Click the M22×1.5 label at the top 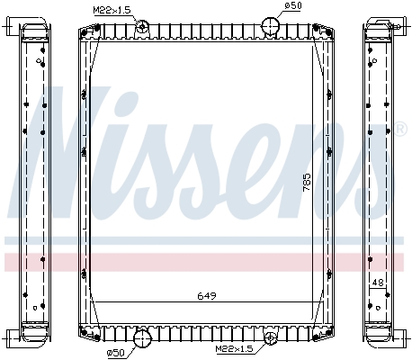[111, 10]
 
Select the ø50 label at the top [292, 8]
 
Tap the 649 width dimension [206, 295]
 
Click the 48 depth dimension [378, 283]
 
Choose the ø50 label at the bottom [115, 351]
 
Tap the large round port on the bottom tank [142, 339]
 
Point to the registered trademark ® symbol [401, 129]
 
